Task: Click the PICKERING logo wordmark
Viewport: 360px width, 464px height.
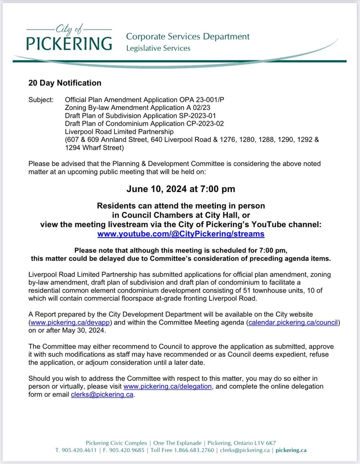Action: tap(69, 43)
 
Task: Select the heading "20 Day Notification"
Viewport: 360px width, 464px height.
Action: tap(65, 83)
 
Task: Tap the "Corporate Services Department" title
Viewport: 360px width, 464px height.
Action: tap(188, 37)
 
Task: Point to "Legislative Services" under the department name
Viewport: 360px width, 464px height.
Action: tap(158, 48)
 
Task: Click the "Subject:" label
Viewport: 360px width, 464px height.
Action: tap(41, 100)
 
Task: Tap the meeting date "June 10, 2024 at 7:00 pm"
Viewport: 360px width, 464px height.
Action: tap(181, 189)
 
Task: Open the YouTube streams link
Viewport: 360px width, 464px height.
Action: tap(181, 234)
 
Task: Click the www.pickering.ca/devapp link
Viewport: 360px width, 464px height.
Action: tap(70, 322)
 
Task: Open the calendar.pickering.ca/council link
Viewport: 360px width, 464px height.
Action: tap(293, 322)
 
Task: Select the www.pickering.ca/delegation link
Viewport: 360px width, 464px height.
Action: tap(167, 386)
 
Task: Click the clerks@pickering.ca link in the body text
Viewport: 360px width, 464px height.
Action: tap(102, 394)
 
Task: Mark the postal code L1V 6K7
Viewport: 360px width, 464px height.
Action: tap(265, 443)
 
